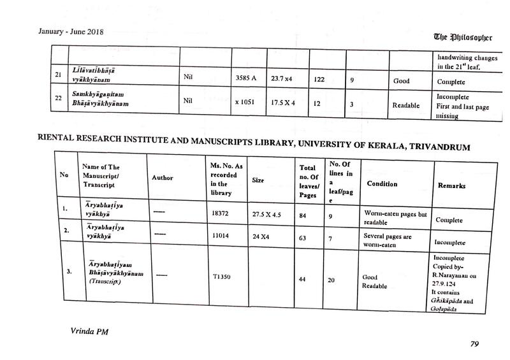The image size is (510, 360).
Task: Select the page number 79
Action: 474,343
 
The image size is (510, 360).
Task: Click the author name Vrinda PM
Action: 87,332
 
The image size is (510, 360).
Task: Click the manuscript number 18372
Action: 222,215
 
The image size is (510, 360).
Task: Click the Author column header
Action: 162,178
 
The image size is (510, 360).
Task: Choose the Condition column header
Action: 382,184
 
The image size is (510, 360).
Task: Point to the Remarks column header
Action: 451,185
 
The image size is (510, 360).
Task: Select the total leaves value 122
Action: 319,80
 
